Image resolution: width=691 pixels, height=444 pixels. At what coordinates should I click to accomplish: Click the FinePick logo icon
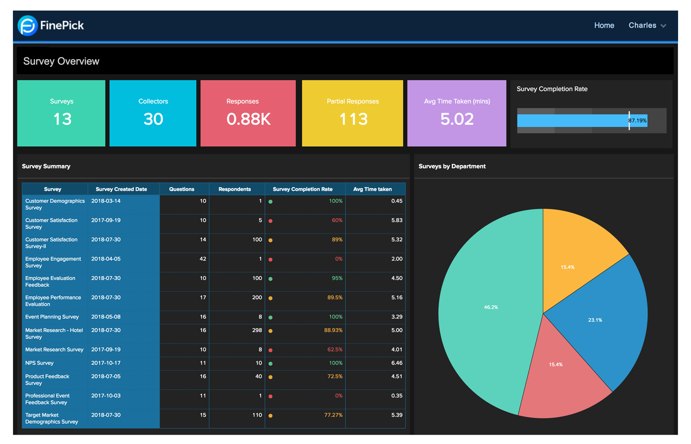(27, 25)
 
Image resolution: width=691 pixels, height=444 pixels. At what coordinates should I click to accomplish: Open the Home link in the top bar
(604, 25)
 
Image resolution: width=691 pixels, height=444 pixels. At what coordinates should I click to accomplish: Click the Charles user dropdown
(647, 25)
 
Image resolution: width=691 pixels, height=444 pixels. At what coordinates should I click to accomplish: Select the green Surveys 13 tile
(61, 113)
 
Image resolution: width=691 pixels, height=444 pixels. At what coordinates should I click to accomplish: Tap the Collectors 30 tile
(153, 113)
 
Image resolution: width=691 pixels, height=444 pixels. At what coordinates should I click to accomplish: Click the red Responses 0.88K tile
(248, 113)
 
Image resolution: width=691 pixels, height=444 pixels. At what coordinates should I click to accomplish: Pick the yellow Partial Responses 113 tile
(352, 113)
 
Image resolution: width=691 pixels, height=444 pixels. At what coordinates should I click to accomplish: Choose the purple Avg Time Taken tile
(457, 113)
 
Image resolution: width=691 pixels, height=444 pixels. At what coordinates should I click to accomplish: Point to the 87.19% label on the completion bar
(638, 121)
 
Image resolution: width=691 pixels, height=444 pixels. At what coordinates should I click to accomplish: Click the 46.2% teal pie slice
(491, 307)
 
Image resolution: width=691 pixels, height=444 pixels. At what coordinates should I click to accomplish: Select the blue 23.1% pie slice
(595, 320)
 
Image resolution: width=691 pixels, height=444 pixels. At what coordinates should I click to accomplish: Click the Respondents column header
(234, 189)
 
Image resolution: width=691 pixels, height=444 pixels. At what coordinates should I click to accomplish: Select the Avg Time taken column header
(372, 189)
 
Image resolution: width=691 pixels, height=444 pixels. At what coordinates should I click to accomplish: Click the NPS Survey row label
(40, 363)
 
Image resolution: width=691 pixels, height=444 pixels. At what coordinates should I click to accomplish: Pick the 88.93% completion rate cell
(333, 331)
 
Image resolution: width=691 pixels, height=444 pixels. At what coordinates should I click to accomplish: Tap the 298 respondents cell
(257, 331)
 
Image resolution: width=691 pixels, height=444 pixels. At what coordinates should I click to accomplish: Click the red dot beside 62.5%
(270, 350)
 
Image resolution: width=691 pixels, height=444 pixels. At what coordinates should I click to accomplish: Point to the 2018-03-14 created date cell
(106, 201)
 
